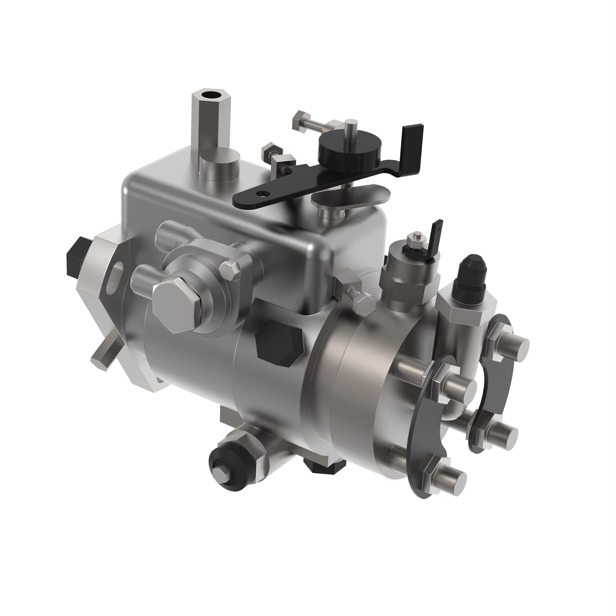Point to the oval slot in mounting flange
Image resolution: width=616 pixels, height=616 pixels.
click(118, 270)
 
